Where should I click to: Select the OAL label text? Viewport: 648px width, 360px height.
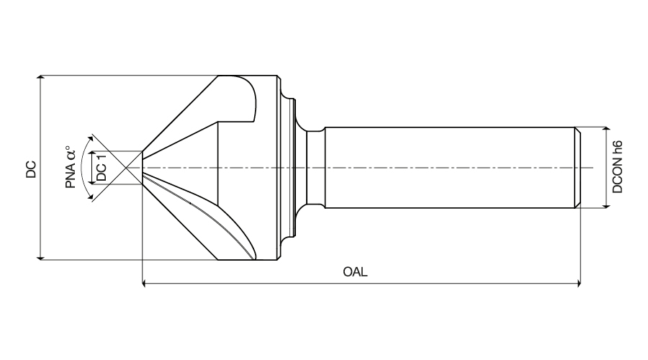355,272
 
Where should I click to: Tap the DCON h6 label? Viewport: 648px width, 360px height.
617,168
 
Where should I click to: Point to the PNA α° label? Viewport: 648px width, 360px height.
71,167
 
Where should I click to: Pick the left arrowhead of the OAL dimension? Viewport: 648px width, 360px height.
147,284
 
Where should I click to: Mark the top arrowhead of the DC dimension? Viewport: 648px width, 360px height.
40,78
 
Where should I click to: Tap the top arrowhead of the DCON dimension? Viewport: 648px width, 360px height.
606,130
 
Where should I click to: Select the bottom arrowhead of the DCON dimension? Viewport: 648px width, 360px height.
606,204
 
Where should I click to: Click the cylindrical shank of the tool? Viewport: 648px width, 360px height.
446,168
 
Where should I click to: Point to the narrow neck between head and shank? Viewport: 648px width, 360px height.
314,168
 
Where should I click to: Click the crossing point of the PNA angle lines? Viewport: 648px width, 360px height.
127,168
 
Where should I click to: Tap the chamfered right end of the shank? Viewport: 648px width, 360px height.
577,168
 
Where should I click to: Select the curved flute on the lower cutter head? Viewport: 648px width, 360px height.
216,216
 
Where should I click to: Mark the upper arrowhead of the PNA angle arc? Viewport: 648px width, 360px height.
91,137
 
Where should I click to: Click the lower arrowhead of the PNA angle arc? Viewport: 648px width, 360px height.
91,199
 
